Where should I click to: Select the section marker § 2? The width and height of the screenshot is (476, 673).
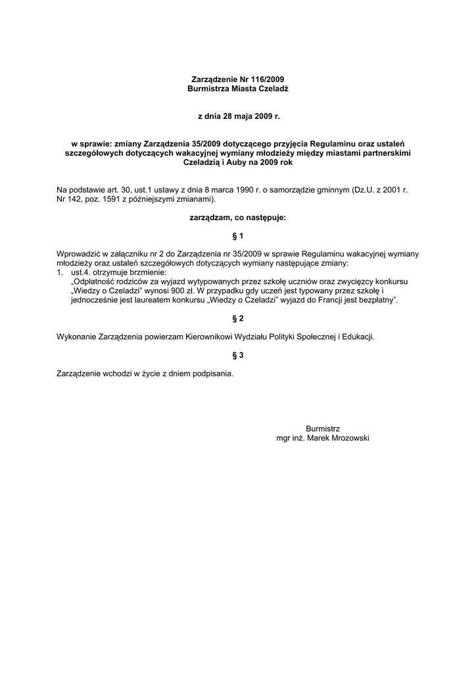click(x=238, y=319)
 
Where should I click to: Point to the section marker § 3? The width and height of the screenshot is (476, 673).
click(x=238, y=356)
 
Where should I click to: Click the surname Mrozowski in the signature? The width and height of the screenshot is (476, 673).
click(x=348, y=438)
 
